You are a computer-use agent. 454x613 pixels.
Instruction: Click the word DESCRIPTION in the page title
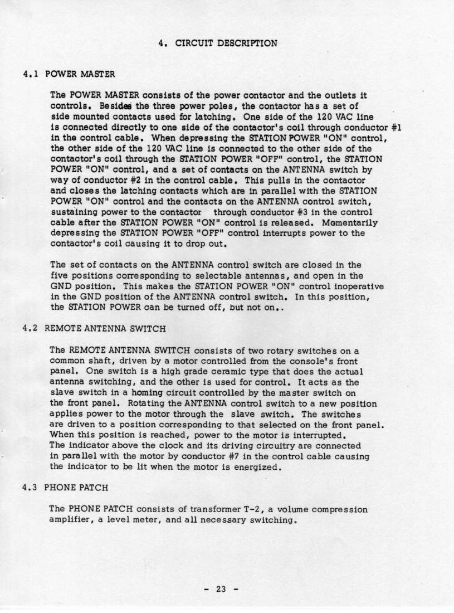pyautogui.click(x=246, y=42)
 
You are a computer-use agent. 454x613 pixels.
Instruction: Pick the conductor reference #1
pyautogui.click(x=396, y=127)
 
